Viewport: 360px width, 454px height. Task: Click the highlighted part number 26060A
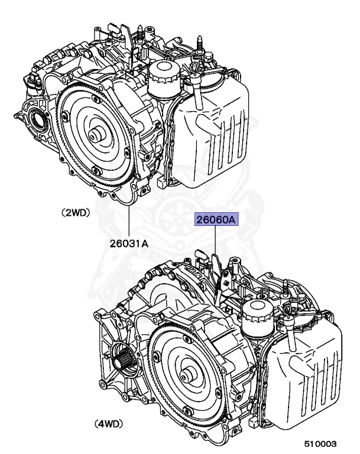pos(216,220)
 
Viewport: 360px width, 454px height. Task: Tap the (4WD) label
pos(112,423)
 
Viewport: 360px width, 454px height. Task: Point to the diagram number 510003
pos(321,443)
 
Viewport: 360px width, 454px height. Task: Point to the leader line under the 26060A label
pos(216,242)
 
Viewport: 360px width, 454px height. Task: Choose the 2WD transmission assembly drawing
pos(130,112)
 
